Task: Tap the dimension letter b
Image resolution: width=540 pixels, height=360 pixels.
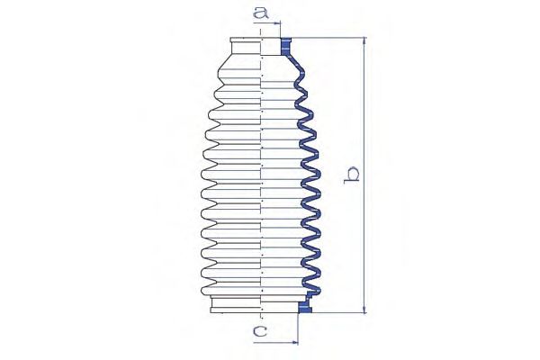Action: coord(355,176)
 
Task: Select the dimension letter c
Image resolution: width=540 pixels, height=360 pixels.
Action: coord(260,332)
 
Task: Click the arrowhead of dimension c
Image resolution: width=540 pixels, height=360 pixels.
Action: coord(293,342)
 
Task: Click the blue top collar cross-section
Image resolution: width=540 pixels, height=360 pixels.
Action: coord(287,46)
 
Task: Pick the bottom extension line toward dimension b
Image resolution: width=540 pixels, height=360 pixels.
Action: coord(337,313)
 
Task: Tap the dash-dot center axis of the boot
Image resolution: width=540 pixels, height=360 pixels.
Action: coord(260,180)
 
